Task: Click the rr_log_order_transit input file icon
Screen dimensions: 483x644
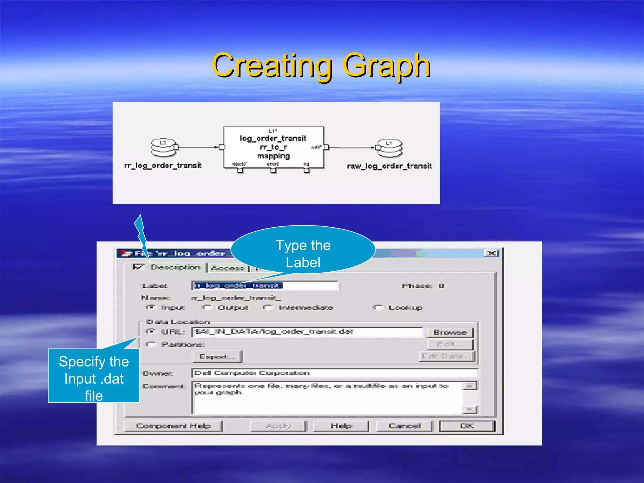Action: (x=164, y=147)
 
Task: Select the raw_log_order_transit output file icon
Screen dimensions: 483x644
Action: (x=389, y=148)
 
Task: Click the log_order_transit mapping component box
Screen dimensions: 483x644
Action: (x=273, y=147)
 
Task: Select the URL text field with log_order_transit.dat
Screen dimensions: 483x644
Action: (x=307, y=332)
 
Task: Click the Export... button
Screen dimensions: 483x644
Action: (x=217, y=357)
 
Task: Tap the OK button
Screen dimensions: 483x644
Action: (x=467, y=426)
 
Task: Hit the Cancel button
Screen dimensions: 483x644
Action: (x=404, y=426)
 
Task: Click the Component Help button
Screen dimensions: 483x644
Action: (x=173, y=426)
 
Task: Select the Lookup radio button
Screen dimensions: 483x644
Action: (x=378, y=308)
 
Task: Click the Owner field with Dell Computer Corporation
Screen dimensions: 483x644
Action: (x=334, y=373)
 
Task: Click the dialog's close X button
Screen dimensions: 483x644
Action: (x=491, y=253)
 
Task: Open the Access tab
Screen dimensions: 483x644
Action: (x=228, y=268)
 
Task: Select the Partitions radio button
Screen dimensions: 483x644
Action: (x=151, y=345)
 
